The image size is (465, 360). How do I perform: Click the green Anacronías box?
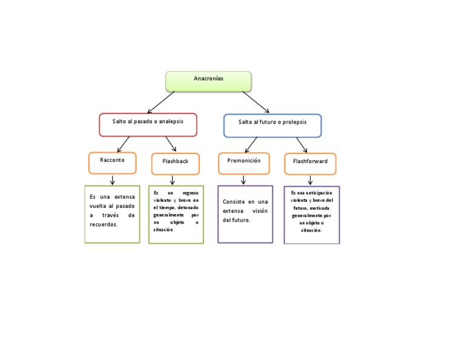point(208,81)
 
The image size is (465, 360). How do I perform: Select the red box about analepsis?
point(148,124)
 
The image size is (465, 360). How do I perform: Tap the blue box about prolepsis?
point(272,125)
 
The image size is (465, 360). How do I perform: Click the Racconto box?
point(112,162)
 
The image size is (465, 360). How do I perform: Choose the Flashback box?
point(175,164)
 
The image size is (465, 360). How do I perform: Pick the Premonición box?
point(243,163)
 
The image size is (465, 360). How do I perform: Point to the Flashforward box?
point(310,164)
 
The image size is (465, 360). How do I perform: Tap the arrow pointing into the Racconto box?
point(124,144)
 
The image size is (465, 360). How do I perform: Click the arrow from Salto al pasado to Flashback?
point(171,144)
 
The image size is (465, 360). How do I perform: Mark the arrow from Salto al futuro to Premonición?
point(251,144)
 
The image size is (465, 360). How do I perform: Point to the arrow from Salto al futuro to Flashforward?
point(302,145)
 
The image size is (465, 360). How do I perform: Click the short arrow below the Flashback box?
point(173,180)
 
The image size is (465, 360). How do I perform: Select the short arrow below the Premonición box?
point(243,179)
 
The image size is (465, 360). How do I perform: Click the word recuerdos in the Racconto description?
point(103,224)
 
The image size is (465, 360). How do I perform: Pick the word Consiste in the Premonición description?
point(234,202)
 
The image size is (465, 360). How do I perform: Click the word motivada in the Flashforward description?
point(319,207)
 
